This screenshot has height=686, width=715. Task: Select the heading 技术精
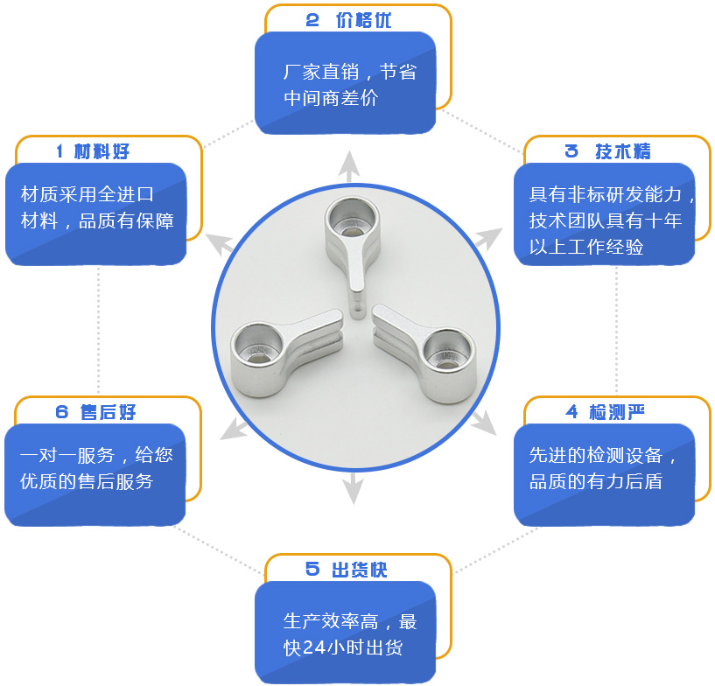pyautogui.click(x=622, y=150)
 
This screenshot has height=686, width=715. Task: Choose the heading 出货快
pyautogui.click(x=359, y=570)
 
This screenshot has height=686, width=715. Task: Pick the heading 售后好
pyautogui.click(x=108, y=412)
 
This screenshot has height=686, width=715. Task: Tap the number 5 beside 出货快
pyautogui.click(x=312, y=570)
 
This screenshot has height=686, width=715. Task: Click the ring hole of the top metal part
pyautogui.click(x=349, y=217)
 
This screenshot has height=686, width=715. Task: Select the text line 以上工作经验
pyautogui.click(x=586, y=248)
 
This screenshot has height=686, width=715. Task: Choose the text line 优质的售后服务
pyautogui.click(x=87, y=481)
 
